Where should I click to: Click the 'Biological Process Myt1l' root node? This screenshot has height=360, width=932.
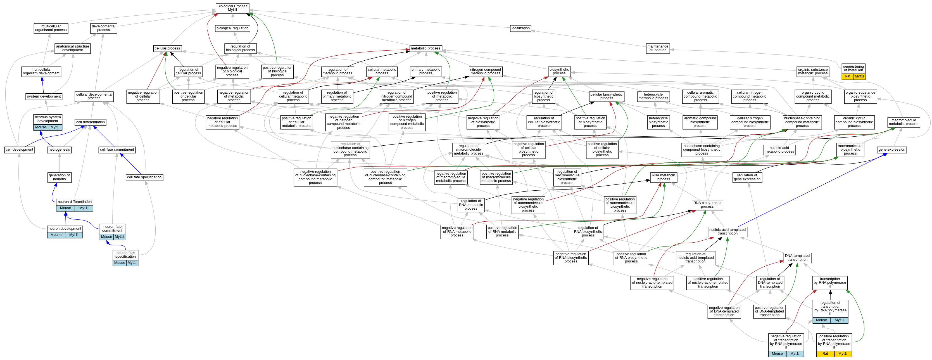pyautogui.click(x=232, y=8)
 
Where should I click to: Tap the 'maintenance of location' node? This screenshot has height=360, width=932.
pyautogui.click(x=657, y=48)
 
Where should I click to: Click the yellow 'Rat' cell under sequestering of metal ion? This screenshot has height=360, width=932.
pyautogui.click(x=847, y=76)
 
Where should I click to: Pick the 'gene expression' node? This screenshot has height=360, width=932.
pyautogui.click(x=891, y=150)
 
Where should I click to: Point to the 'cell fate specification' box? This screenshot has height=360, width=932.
pyautogui.click(x=144, y=177)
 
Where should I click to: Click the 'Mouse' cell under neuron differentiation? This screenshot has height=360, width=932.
pyautogui.click(x=65, y=208)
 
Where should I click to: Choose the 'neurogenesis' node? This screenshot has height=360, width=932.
pyautogui.click(x=59, y=150)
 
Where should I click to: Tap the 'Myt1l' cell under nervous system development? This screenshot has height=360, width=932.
pyautogui.click(x=55, y=127)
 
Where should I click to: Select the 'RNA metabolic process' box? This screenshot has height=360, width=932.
pyautogui.click(x=663, y=177)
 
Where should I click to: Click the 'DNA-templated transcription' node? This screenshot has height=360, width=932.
pyautogui.click(x=797, y=258)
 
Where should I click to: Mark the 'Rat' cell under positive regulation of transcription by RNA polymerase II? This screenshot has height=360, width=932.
pyautogui.click(x=825, y=354)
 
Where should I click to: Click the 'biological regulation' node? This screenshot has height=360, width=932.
pyautogui.click(x=232, y=28)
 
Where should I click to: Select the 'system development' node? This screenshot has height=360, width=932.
pyautogui.click(x=44, y=97)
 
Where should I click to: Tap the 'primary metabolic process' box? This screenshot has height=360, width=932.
pyautogui.click(x=425, y=71)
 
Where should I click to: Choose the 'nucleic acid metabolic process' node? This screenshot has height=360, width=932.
pyautogui.click(x=779, y=150)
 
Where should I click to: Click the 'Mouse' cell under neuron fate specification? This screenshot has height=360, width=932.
pyautogui.click(x=119, y=263)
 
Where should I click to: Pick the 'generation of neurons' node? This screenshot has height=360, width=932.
pyautogui.click(x=59, y=177)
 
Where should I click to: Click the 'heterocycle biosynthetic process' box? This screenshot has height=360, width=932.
pyautogui.click(x=658, y=122)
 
